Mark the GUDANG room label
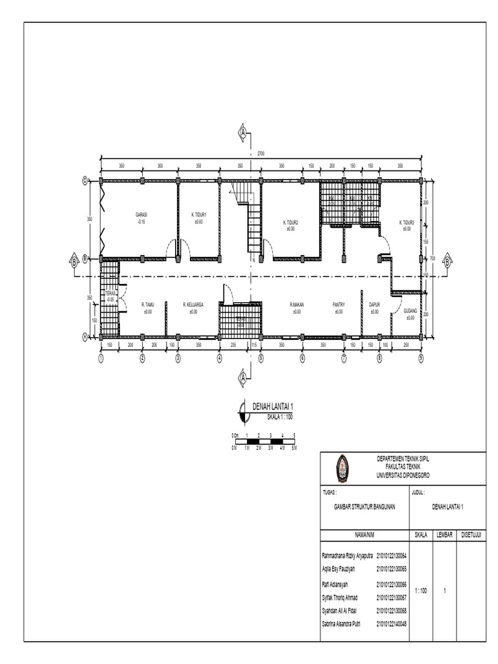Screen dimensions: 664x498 pyautogui.click(x=410, y=311)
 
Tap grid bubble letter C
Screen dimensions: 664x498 pyautogui.click(x=85, y=181)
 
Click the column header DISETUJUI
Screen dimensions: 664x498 pyautogui.click(x=471, y=536)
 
